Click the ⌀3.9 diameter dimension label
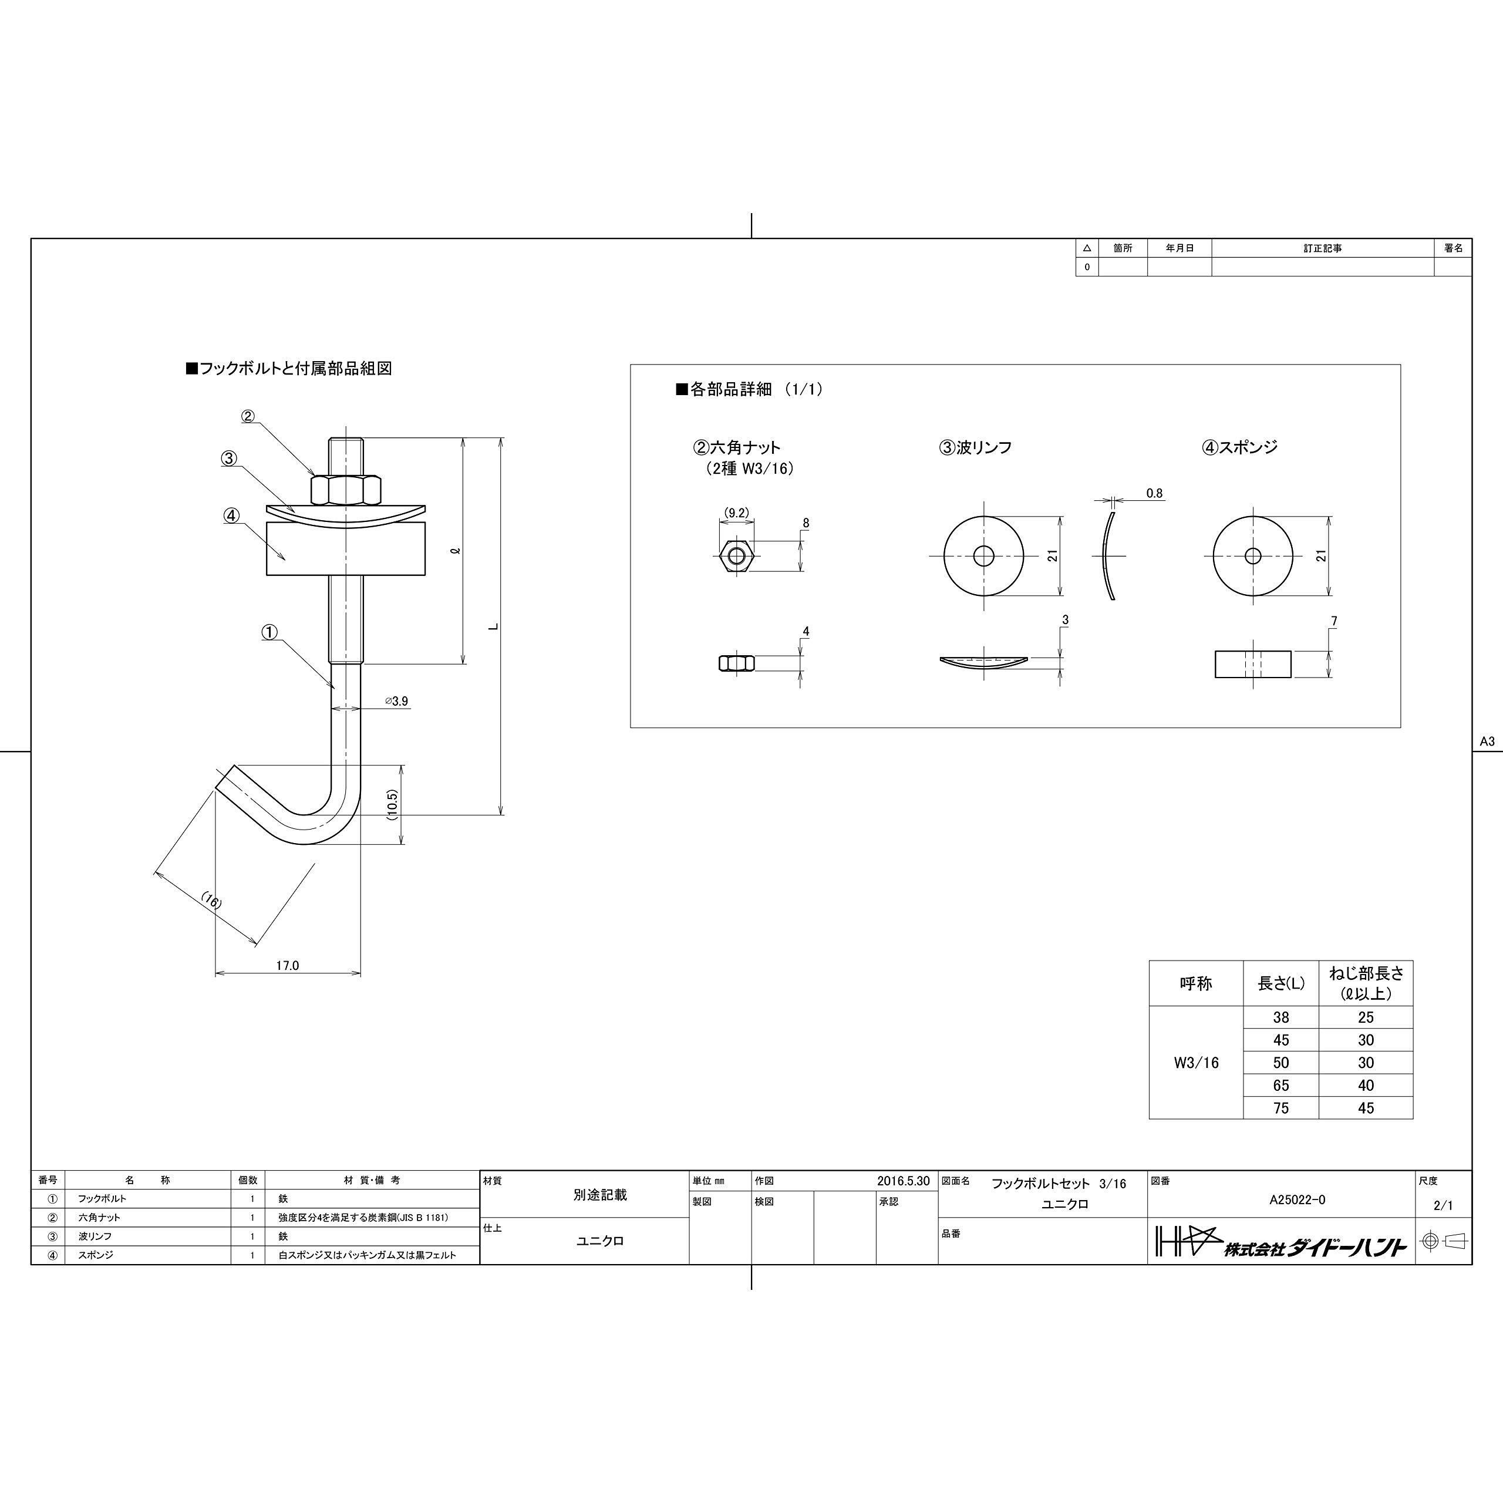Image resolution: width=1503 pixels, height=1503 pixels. [396, 701]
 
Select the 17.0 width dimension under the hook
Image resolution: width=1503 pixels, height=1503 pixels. [287, 965]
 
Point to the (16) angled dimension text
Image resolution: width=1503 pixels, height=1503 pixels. [211, 901]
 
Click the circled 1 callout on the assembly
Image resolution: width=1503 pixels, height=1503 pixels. [269, 632]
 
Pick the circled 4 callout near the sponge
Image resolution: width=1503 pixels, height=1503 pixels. [232, 515]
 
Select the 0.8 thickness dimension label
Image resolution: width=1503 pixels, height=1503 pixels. [1154, 493]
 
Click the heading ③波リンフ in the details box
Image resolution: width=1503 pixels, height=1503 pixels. [976, 447]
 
